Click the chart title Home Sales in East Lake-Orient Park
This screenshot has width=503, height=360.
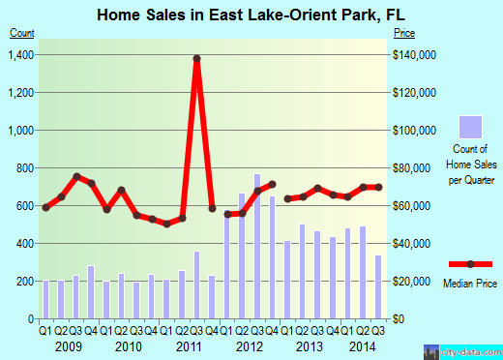pyautogui.click(x=251, y=15)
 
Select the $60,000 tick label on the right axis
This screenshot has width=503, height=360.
pyautogui.click(x=413, y=205)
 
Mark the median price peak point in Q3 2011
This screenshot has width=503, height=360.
pyautogui.click(x=197, y=58)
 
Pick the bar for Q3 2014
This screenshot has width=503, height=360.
pyautogui.click(x=377, y=286)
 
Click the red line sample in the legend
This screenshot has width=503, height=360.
pyautogui.click(x=470, y=264)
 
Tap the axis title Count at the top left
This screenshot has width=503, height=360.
pyautogui.click(x=22, y=32)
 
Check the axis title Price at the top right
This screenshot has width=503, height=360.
pyautogui.click(x=404, y=32)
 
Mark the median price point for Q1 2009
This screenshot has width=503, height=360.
pyautogui.click(x=45, y=207)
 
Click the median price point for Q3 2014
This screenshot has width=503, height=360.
pyautogui.click(x=377, y=187)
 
